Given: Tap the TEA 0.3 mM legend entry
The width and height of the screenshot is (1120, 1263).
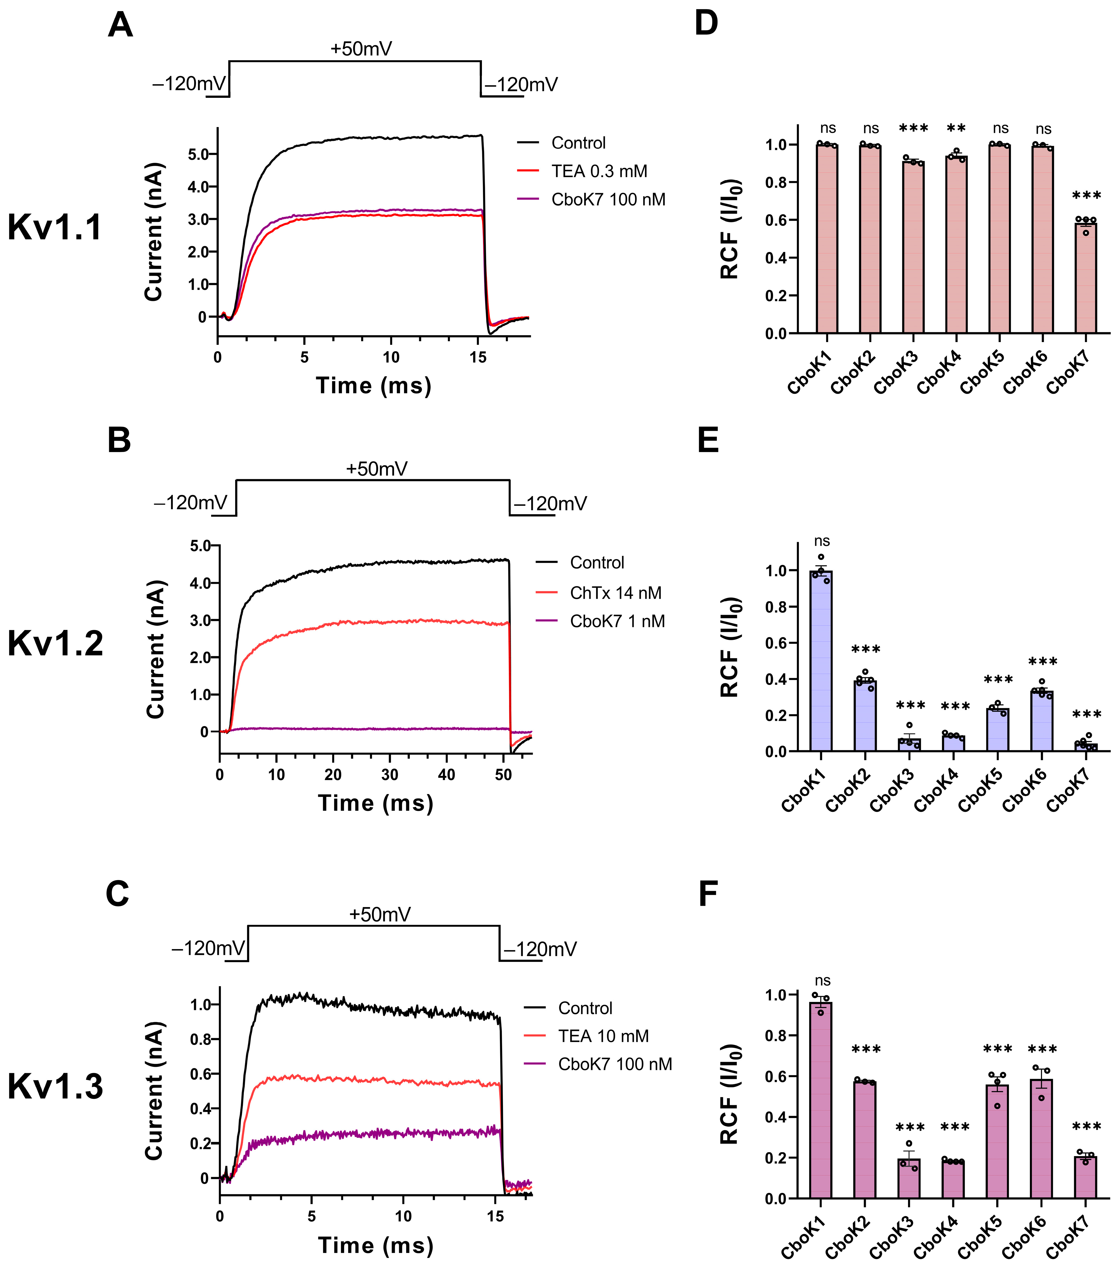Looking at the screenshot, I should pyautogui.click(x=598, y=171).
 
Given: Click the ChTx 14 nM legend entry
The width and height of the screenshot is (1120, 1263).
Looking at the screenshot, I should pyautogui.click(x=615, y=593).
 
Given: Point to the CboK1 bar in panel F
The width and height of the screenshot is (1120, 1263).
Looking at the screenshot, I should pyautogui.click(x=821, y=1100).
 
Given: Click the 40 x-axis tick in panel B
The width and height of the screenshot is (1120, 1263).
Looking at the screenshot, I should pyautogui.click(x=446, y=775).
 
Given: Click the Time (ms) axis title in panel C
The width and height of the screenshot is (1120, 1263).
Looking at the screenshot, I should pyautogui.click(x=375, y=1245).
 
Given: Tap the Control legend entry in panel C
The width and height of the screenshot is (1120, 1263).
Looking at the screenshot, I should pyautogui.click(x=584, y=1008).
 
